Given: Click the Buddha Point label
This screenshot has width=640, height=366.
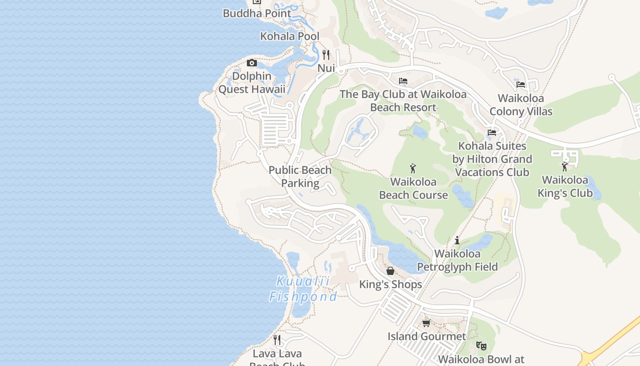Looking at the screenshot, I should (x=257, y=13).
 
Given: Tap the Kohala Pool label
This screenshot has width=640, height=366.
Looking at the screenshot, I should (x=290, y=36).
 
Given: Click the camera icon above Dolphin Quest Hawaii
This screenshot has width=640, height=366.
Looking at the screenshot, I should (x=252, y=63).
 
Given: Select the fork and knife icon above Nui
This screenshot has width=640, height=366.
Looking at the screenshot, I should (x=326, y=55).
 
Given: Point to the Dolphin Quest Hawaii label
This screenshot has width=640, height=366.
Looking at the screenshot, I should (x=251, y=83).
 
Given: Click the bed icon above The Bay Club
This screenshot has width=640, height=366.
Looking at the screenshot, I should (x=403, y=81).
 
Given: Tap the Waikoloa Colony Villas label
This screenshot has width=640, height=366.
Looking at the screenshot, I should (x=521, y=105).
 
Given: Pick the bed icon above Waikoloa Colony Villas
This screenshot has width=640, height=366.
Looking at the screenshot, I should (x=521, y=84).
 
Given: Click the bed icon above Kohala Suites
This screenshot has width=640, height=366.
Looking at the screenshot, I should (x=492, y=133).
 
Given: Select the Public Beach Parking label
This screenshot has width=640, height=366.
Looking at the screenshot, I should (x=300, y=177).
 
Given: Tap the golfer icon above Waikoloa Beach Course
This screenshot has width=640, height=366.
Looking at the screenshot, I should (x=413, y=168).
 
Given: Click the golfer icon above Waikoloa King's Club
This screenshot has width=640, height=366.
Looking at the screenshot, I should (x=565, y=167).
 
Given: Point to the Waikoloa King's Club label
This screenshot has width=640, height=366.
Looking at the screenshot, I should (x=565, y=186).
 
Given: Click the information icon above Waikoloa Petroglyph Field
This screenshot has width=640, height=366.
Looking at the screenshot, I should (x=457, y=240).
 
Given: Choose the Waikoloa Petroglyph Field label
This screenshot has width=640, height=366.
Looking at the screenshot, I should (x=457, y=260).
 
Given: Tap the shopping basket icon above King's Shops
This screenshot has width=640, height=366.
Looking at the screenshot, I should (x=390, y=271).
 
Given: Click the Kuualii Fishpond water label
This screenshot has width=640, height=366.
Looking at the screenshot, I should (x=303, y=289).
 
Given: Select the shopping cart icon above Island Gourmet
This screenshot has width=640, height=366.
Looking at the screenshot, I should (x=427, y=323).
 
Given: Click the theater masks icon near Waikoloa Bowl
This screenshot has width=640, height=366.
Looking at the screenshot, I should (x=481, y=346).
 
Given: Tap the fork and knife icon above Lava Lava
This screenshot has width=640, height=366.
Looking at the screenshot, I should (x=277, y=340).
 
